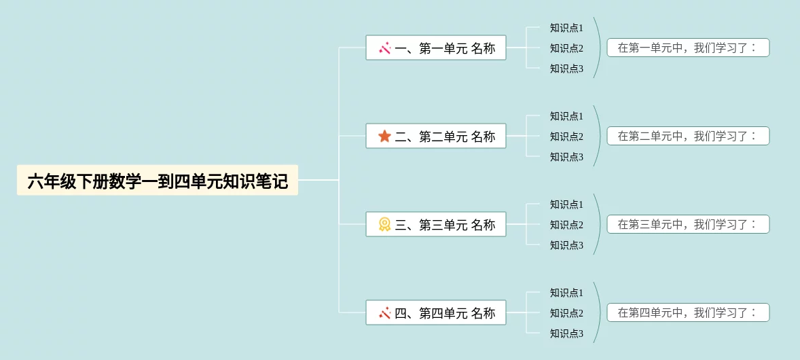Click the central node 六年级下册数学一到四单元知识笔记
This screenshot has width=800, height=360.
(158, 181)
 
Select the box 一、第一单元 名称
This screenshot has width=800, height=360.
(436, 48)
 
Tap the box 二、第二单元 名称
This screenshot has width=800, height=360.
(436, 137)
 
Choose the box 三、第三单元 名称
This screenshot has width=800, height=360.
(436, 225)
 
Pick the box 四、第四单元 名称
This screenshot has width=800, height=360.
(436, 313)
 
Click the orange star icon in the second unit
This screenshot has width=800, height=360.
(384, 137)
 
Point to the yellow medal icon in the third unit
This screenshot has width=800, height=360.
(384, 224)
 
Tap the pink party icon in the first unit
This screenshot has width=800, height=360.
(384, 48)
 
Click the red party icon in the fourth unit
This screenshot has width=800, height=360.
(384, 313)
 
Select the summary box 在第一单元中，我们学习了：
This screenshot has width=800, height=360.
(688, 48)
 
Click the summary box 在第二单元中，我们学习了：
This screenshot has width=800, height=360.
(688, 137)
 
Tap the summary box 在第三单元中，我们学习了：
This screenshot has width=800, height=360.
(688, 225)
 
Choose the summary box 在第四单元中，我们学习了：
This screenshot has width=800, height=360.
(688, 313)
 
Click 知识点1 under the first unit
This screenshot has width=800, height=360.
(566, 28)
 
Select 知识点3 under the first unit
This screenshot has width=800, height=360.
(566, 69)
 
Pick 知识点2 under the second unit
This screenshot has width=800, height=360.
(566, 137)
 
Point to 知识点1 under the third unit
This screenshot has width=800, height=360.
(566, 204)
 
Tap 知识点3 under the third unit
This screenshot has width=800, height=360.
(566, 245)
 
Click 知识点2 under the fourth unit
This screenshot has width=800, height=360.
(566, 313)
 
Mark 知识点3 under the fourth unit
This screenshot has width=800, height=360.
(566, 334)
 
